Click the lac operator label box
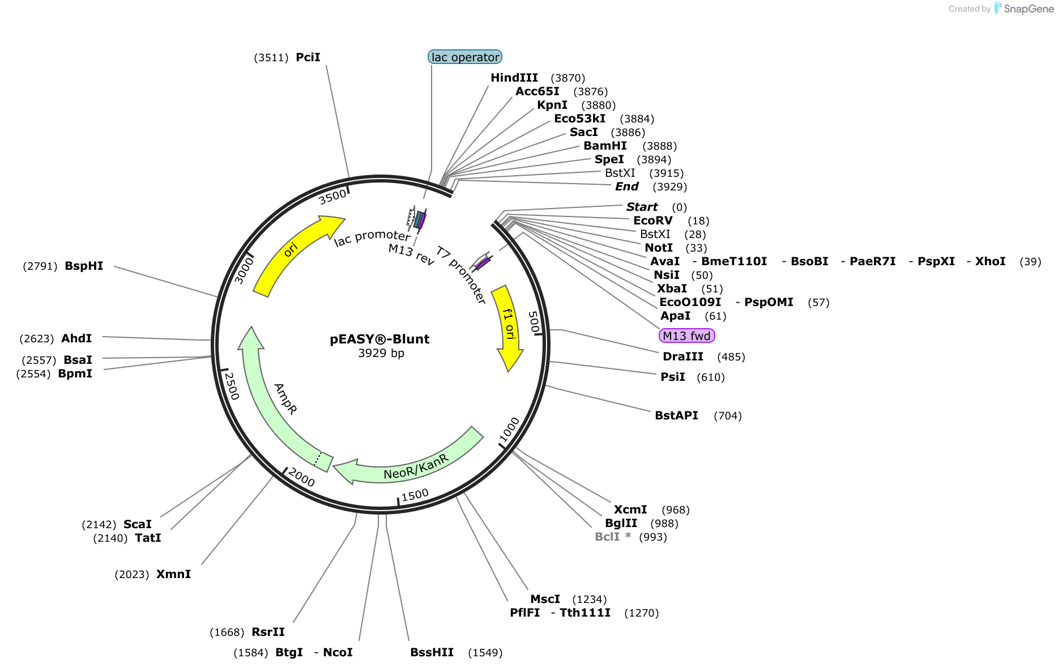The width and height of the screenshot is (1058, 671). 465,57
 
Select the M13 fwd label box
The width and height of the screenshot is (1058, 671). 687,336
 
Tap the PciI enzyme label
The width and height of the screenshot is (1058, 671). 308,57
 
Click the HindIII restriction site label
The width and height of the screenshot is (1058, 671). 514,78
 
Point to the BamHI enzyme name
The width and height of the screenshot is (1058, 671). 605,146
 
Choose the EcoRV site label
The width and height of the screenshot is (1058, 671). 653,220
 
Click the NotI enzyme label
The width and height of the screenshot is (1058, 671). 659,248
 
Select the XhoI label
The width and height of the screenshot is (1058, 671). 991,261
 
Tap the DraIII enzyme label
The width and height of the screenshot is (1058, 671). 683,356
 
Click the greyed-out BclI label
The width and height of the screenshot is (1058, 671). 607,537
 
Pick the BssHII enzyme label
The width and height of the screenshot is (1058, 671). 432,652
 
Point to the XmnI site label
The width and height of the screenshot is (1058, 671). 173,574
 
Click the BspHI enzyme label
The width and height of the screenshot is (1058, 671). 84,266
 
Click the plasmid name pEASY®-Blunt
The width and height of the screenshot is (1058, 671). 379,339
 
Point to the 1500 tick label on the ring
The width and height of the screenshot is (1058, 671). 415,495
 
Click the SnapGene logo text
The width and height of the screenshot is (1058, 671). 1029,9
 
